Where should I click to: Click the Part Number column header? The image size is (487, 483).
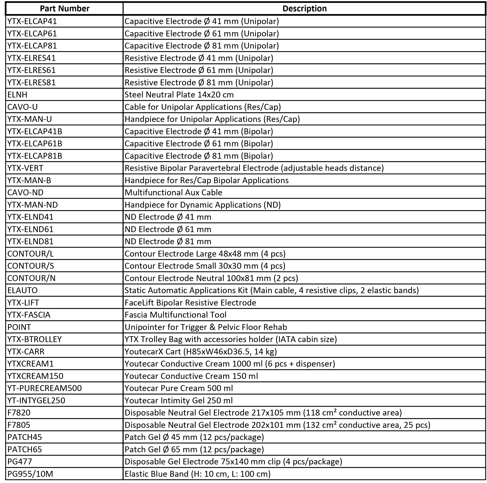tap(65, 8)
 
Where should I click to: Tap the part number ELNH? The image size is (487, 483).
tap(17, 95)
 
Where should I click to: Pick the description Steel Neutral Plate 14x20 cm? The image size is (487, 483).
tap(179, 95)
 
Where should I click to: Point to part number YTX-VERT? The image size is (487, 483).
tap(25, 168)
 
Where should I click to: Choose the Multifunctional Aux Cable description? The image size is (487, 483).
tap(174, 192)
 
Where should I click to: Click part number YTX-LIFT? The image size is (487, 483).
tap(23, 303)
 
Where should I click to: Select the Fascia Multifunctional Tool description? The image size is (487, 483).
tap(175, 315)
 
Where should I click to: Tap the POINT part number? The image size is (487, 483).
tap(19, 327)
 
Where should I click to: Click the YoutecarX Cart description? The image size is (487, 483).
tap(201, 351)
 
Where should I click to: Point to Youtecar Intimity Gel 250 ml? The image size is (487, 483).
tap(178, 401)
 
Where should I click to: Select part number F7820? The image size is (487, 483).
tap(19, 413)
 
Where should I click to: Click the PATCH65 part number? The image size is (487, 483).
tap(25, 449)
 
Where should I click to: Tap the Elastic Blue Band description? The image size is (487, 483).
tap(197, 474)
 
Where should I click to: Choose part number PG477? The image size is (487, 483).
tap(20, 462)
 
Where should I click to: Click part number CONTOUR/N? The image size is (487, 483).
tap(32, 278)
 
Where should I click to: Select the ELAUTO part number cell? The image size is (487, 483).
tap(22, 291)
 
